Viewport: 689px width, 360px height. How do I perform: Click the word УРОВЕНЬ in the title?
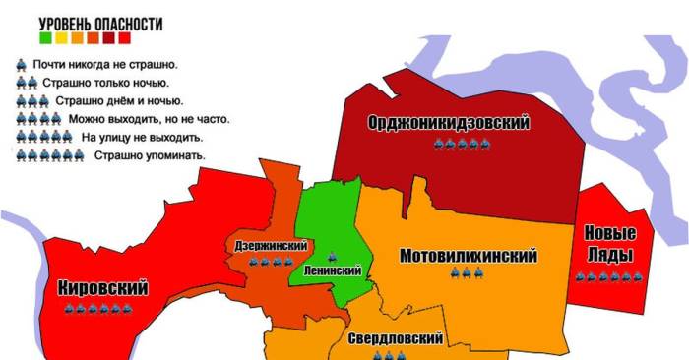click(65, 22)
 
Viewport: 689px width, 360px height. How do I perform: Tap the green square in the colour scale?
click(45, 38)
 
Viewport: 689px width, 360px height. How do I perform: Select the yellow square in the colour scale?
click(61, 38)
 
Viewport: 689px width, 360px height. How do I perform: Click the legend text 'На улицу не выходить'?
click(142, 137)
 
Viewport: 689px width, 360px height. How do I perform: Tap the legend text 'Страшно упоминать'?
click(150, 155)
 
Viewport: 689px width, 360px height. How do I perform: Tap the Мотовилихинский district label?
click(469, 256)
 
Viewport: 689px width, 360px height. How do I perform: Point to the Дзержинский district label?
click(271, 246)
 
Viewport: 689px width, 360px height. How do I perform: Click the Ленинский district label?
click(333, 270)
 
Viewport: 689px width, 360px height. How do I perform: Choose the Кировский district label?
click(103, 288)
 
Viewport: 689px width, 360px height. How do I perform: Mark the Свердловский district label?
click(395, 338)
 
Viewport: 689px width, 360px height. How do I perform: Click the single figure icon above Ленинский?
click(331, 255)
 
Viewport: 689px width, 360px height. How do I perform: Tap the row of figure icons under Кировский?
click(97, 308)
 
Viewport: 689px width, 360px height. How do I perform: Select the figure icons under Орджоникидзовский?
click(463, 144)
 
